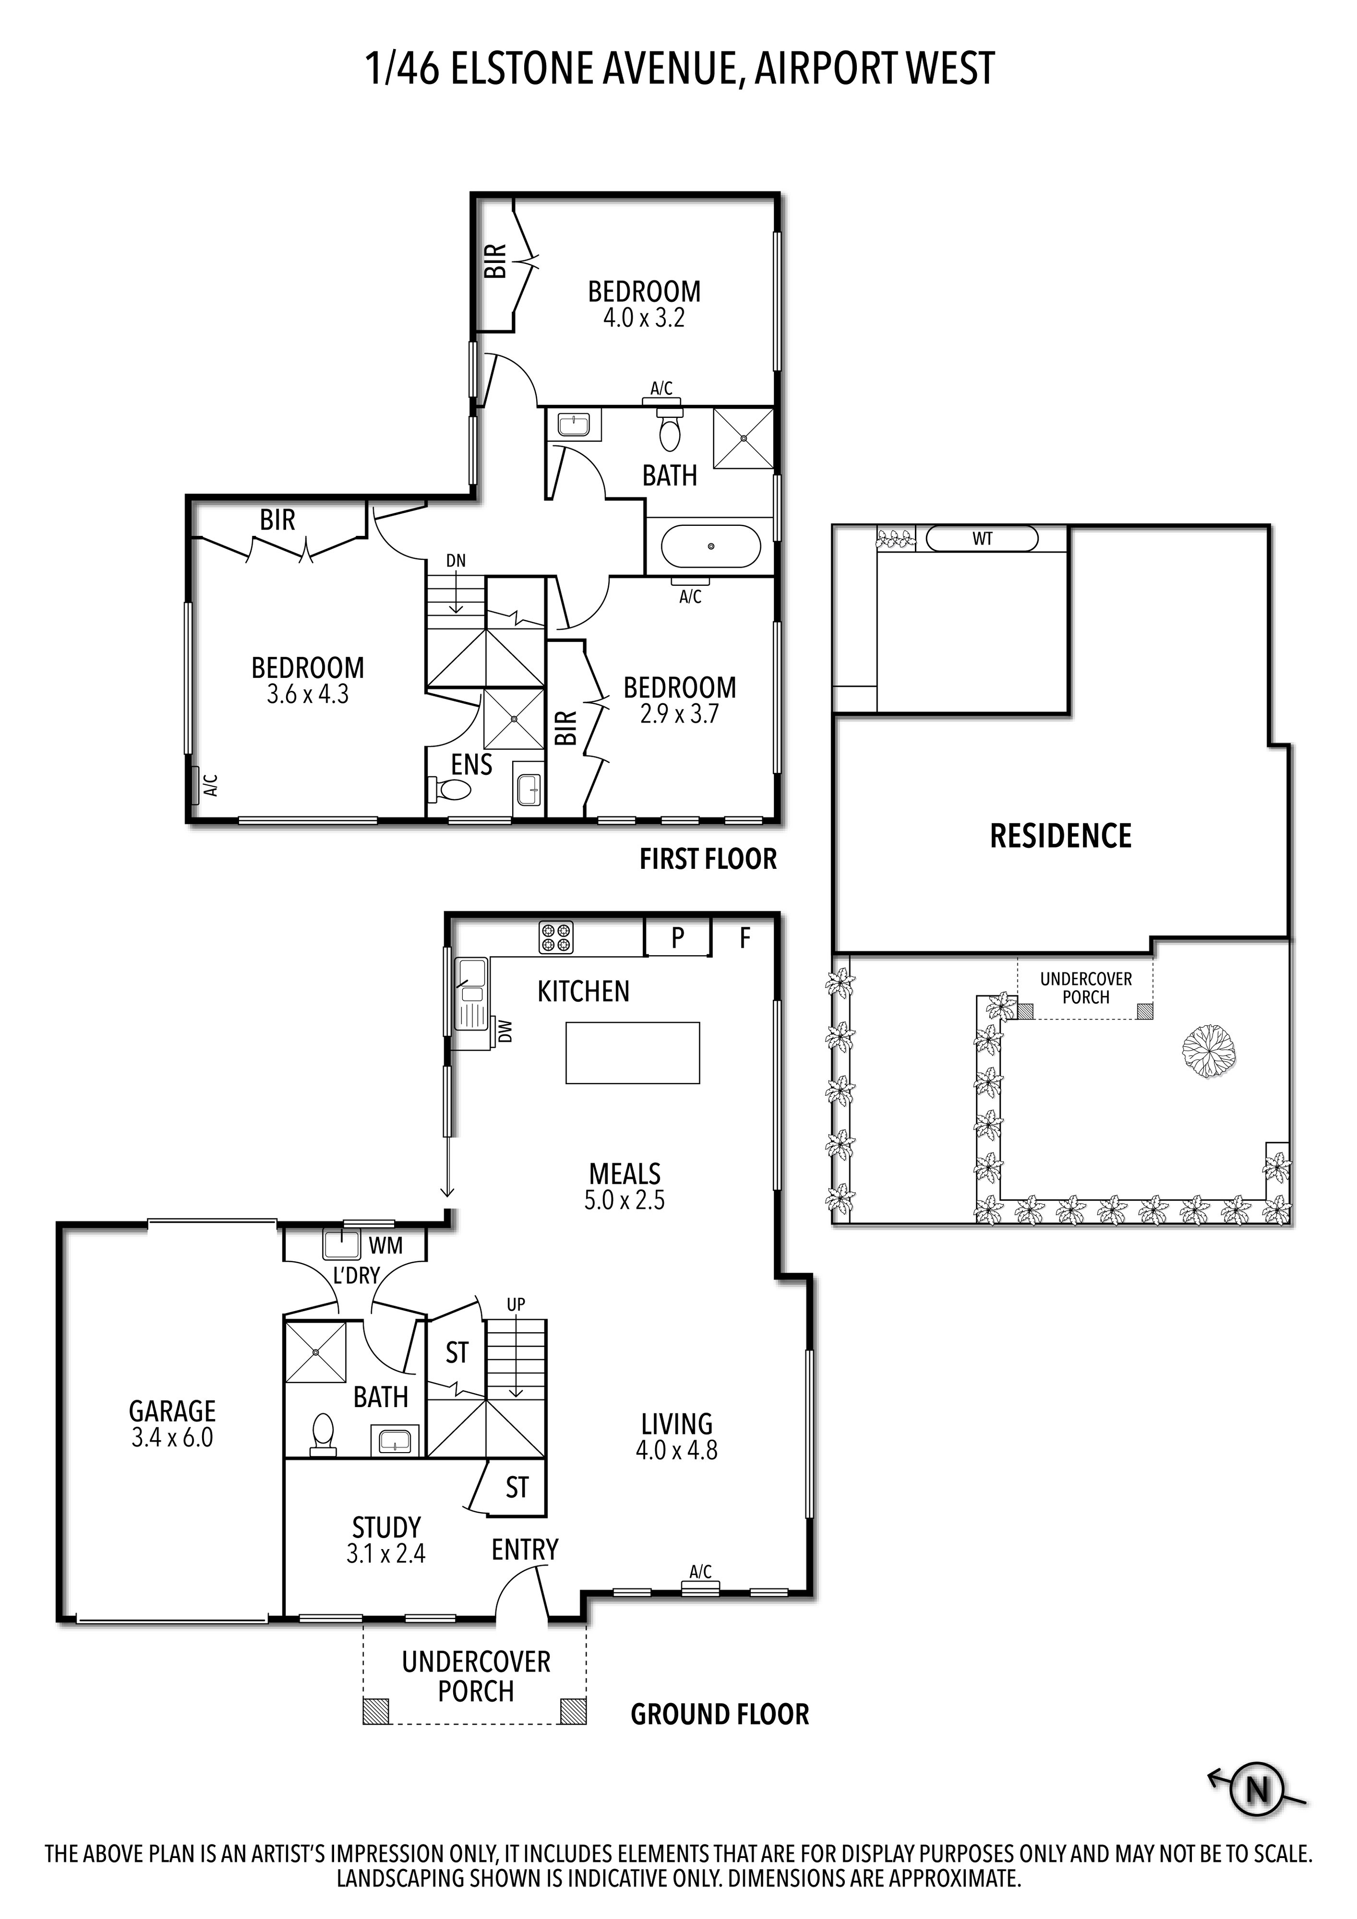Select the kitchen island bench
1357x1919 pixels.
632,1053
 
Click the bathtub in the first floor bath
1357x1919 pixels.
711,547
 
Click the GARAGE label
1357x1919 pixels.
172,1412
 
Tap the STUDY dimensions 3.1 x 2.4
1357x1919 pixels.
386,1554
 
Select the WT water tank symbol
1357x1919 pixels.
982,539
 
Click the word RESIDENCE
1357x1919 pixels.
1060,836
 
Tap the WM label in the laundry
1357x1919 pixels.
386,1246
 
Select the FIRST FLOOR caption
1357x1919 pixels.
708,859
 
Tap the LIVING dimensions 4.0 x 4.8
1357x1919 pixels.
676,1450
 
